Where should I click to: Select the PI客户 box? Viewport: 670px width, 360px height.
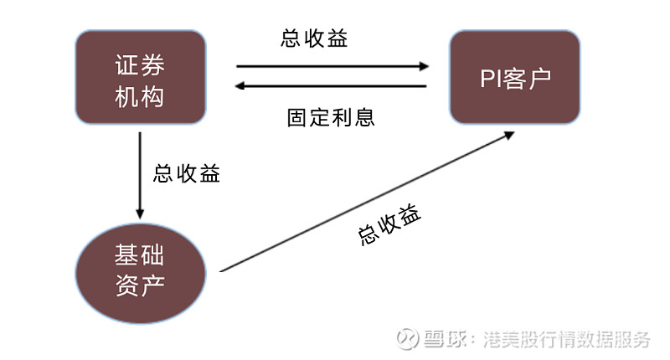point(514,77)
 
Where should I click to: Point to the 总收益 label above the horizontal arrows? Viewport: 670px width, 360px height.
point(314,39)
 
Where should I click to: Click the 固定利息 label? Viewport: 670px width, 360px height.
point(331,116)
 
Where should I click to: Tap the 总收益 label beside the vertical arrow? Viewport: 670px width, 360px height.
point(187,173)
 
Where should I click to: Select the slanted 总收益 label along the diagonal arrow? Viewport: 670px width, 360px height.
point(389,224)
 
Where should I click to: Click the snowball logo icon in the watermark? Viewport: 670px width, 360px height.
point(407,339)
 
